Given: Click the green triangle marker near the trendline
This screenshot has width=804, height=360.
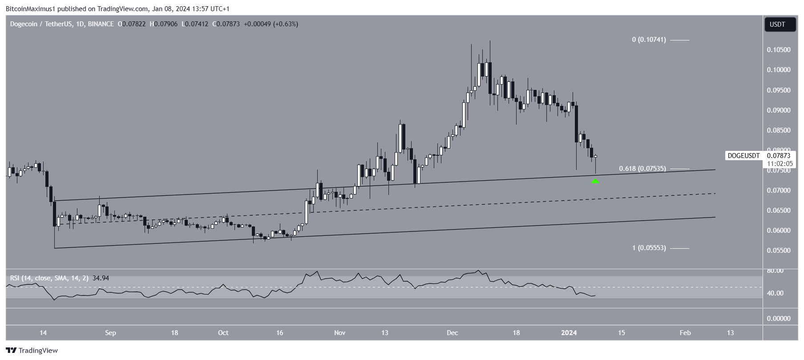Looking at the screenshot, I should tap(595, 181).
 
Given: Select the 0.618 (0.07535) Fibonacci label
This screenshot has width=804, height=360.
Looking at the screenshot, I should tap(642, 169).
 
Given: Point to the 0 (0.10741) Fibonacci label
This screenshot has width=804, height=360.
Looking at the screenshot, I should tap(649, 40).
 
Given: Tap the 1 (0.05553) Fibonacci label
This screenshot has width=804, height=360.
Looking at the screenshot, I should tap(649, 248).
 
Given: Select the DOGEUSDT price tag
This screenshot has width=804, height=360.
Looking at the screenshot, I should tap(743, 156).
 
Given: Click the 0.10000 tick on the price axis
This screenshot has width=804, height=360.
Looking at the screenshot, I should tap(778, 70).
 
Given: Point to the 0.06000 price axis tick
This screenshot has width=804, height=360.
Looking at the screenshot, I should tap(778, 231).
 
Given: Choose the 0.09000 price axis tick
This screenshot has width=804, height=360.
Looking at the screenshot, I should tap(778, 110).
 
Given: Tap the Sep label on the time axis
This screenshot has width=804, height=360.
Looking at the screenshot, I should tap(110, 332).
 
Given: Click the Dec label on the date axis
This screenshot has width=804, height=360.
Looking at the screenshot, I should tap(452, 332).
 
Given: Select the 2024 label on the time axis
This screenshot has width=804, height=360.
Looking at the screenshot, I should tap(569, 332).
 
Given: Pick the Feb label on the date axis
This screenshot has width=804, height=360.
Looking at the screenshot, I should tap(685, 332).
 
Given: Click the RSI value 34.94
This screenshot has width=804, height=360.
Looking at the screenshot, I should tap(100, 278).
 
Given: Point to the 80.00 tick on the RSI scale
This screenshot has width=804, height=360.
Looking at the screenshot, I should tap(775, 271).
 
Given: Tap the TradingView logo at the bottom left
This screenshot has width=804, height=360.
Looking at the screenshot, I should tap(32, 350).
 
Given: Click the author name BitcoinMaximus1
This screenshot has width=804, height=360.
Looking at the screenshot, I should tap(29, 8).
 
